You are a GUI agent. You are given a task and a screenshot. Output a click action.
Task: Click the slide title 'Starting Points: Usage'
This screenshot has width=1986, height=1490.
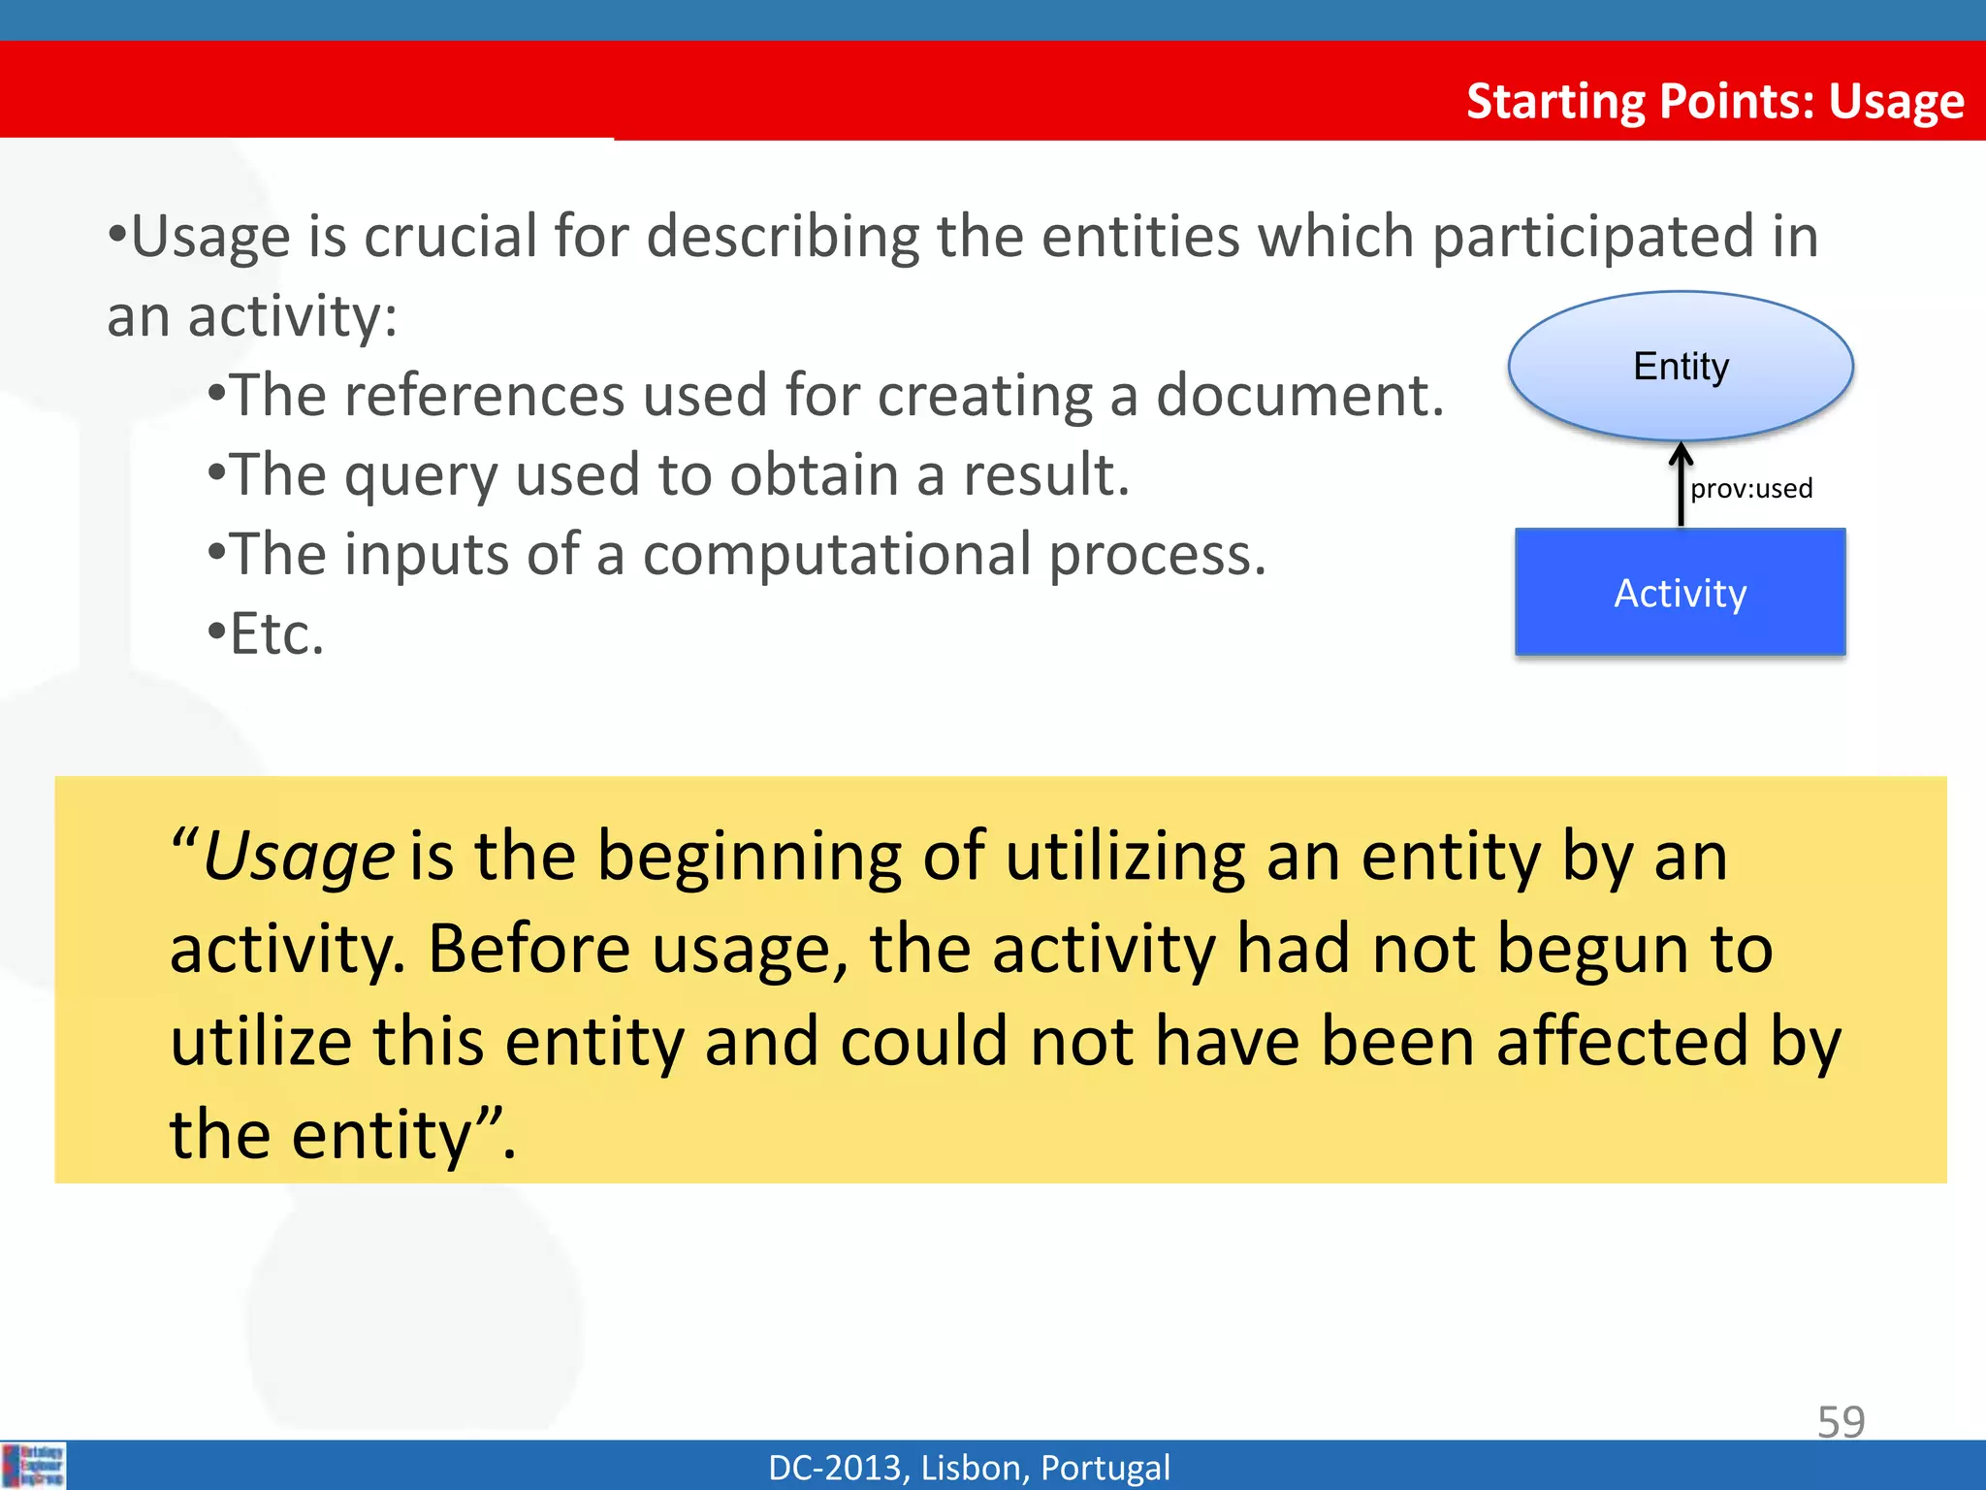(1714, 102)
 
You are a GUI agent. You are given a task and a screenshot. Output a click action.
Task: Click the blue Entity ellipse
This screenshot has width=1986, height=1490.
(1681, 367)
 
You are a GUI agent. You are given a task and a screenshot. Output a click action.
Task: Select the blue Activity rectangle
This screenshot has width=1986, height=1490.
(1680, 593)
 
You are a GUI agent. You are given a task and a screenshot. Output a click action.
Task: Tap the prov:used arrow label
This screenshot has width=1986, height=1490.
(1751, 489)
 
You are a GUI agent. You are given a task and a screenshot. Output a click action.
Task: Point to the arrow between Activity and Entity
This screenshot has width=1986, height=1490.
(1681, 485)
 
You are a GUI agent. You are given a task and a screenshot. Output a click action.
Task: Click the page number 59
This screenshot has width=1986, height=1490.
(1840, 1422)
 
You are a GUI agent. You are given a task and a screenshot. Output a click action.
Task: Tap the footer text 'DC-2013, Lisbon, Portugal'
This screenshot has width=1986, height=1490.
(969, 1468)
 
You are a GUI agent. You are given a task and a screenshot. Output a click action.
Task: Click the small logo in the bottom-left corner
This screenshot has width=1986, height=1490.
(33, 1466)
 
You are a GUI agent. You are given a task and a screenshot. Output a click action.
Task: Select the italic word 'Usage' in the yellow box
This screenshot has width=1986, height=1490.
(298, 858)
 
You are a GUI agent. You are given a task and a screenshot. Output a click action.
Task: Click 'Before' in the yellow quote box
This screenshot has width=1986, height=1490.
(529, 949)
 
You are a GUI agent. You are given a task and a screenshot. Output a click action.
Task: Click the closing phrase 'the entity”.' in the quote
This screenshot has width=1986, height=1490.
(341, 1134)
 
